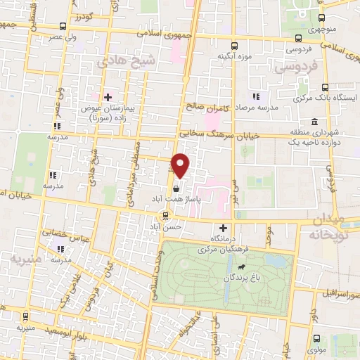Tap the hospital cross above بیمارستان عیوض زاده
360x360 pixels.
pyautogui.click(x=107, y=97)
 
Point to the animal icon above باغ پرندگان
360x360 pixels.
pyautogui.click(x=241, y=266)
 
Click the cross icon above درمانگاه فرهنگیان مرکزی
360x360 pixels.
pyautogui.click(x=223, y=228)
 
